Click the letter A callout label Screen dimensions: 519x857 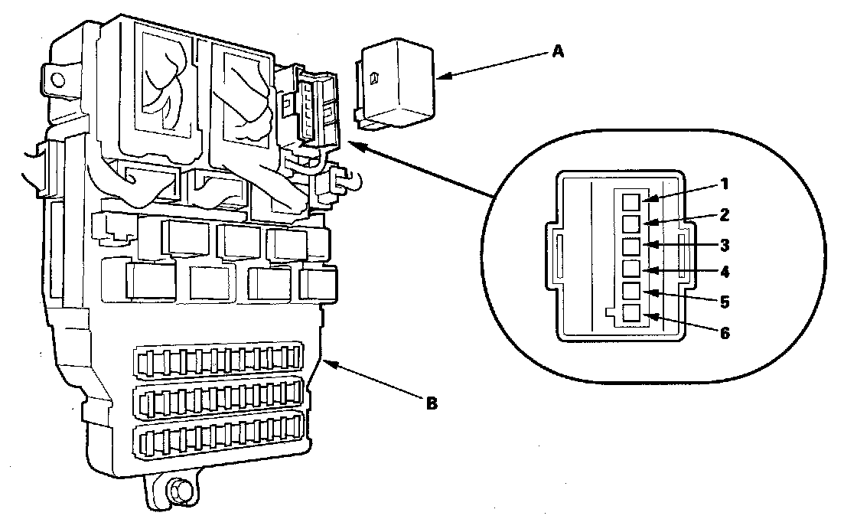[558, 51]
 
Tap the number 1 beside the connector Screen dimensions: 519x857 [725, 184]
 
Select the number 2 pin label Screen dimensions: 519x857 [725, 214]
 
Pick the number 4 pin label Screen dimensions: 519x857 [725, 272]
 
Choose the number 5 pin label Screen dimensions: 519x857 [725, 302]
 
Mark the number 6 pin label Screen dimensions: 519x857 [725, 333]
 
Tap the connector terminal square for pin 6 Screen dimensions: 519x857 [631, 313]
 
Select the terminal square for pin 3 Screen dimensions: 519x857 [631, 246]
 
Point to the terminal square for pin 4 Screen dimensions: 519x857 [631, 269]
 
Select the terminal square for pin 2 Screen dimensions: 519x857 [631, 224]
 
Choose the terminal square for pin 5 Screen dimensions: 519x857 [631, 291]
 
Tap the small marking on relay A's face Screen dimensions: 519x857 [376, 77]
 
